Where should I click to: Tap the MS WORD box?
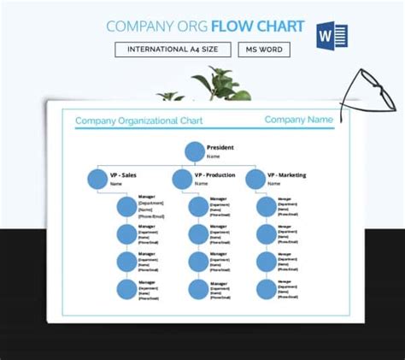263,50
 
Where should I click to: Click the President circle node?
194,152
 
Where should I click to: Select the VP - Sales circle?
97,180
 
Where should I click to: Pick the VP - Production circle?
182,180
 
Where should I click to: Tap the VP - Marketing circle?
255,180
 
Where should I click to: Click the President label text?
220,147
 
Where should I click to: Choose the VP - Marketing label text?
286,175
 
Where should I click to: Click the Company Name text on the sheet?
298,120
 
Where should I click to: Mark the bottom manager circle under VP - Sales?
126,289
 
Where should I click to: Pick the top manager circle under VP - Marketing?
267,206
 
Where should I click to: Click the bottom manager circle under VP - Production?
197,289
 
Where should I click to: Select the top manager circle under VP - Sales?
126,206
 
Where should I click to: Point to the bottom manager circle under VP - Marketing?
267,289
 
